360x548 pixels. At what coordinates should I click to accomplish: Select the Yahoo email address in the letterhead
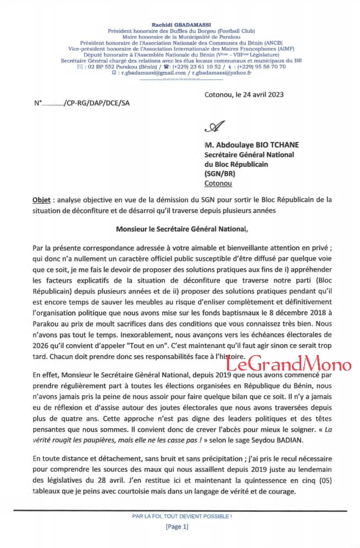click(221, 73)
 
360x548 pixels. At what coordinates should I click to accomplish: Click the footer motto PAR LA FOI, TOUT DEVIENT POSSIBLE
click(182, 516)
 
